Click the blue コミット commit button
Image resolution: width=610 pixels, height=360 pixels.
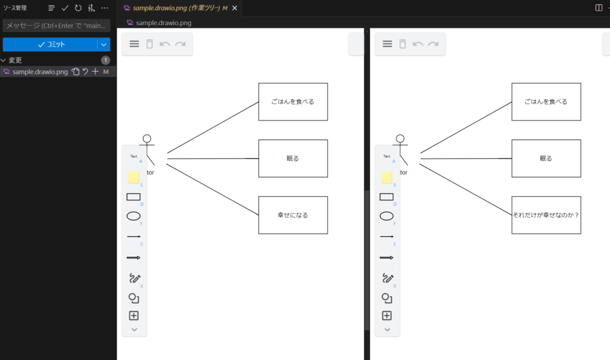(x=50, y=45)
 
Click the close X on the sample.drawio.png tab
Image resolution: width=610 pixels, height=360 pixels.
(x=234, y=8)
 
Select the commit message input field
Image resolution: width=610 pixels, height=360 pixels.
(x=57, y=26)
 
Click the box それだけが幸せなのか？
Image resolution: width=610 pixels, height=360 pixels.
(x=546, y=215)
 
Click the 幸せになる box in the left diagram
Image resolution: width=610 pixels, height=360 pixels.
(x=292, y=215)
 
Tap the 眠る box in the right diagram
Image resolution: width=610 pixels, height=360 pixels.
(x=546, y=159)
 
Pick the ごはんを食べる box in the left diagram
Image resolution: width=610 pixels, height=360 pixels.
(x=292, y=102)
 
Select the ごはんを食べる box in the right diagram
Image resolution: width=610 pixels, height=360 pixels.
(x=546, y=102)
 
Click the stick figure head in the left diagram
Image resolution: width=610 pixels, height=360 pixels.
(x=147, y=139)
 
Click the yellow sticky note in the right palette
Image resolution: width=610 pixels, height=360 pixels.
(x=387, y=177)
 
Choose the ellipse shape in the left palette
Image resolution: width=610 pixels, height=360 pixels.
(x=134, y=216)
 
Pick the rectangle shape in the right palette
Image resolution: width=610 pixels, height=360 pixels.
(x=387, y=197)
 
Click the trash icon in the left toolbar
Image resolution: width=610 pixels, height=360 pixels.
(x=150, y=44)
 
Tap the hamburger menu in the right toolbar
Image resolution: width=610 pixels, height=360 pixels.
(x=387, y=44)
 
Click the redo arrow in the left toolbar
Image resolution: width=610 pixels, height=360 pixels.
(x=180, y=44)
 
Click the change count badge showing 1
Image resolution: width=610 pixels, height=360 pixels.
(x=105, y=60)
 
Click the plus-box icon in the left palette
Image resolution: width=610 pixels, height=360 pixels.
(x=134, y=316)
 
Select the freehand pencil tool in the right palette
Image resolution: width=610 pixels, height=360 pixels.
(x=387, y=278)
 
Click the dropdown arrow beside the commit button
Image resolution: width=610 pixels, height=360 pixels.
(x=104, y=45)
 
